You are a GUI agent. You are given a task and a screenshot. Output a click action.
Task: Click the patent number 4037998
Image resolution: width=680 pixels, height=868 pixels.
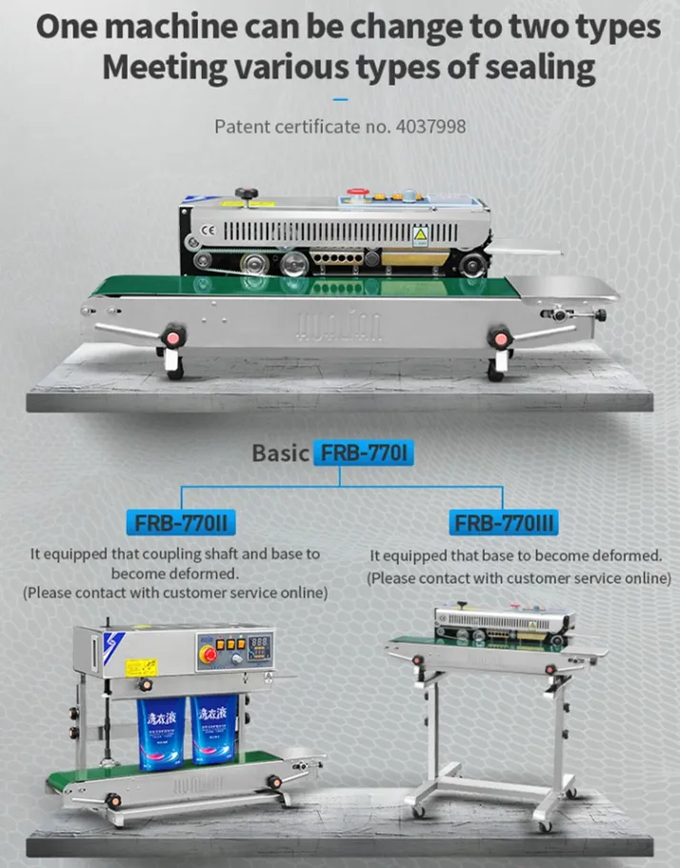[x=429, y=125]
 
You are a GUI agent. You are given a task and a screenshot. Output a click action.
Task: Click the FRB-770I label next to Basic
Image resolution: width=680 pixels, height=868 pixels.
[x=365, y=452]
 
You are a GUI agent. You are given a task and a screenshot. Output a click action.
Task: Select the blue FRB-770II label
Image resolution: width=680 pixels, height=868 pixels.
[x=180, y=522]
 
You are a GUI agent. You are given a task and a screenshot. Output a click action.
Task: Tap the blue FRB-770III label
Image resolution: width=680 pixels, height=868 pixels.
[x=504, y=522]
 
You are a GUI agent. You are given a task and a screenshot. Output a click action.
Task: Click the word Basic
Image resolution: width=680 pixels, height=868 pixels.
[x=280, y=453]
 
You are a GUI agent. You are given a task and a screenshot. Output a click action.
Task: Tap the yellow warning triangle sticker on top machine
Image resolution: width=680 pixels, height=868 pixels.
[x=418, y=234]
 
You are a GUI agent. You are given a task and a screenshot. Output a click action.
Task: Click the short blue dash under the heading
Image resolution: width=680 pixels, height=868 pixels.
[x=340, y=98]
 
